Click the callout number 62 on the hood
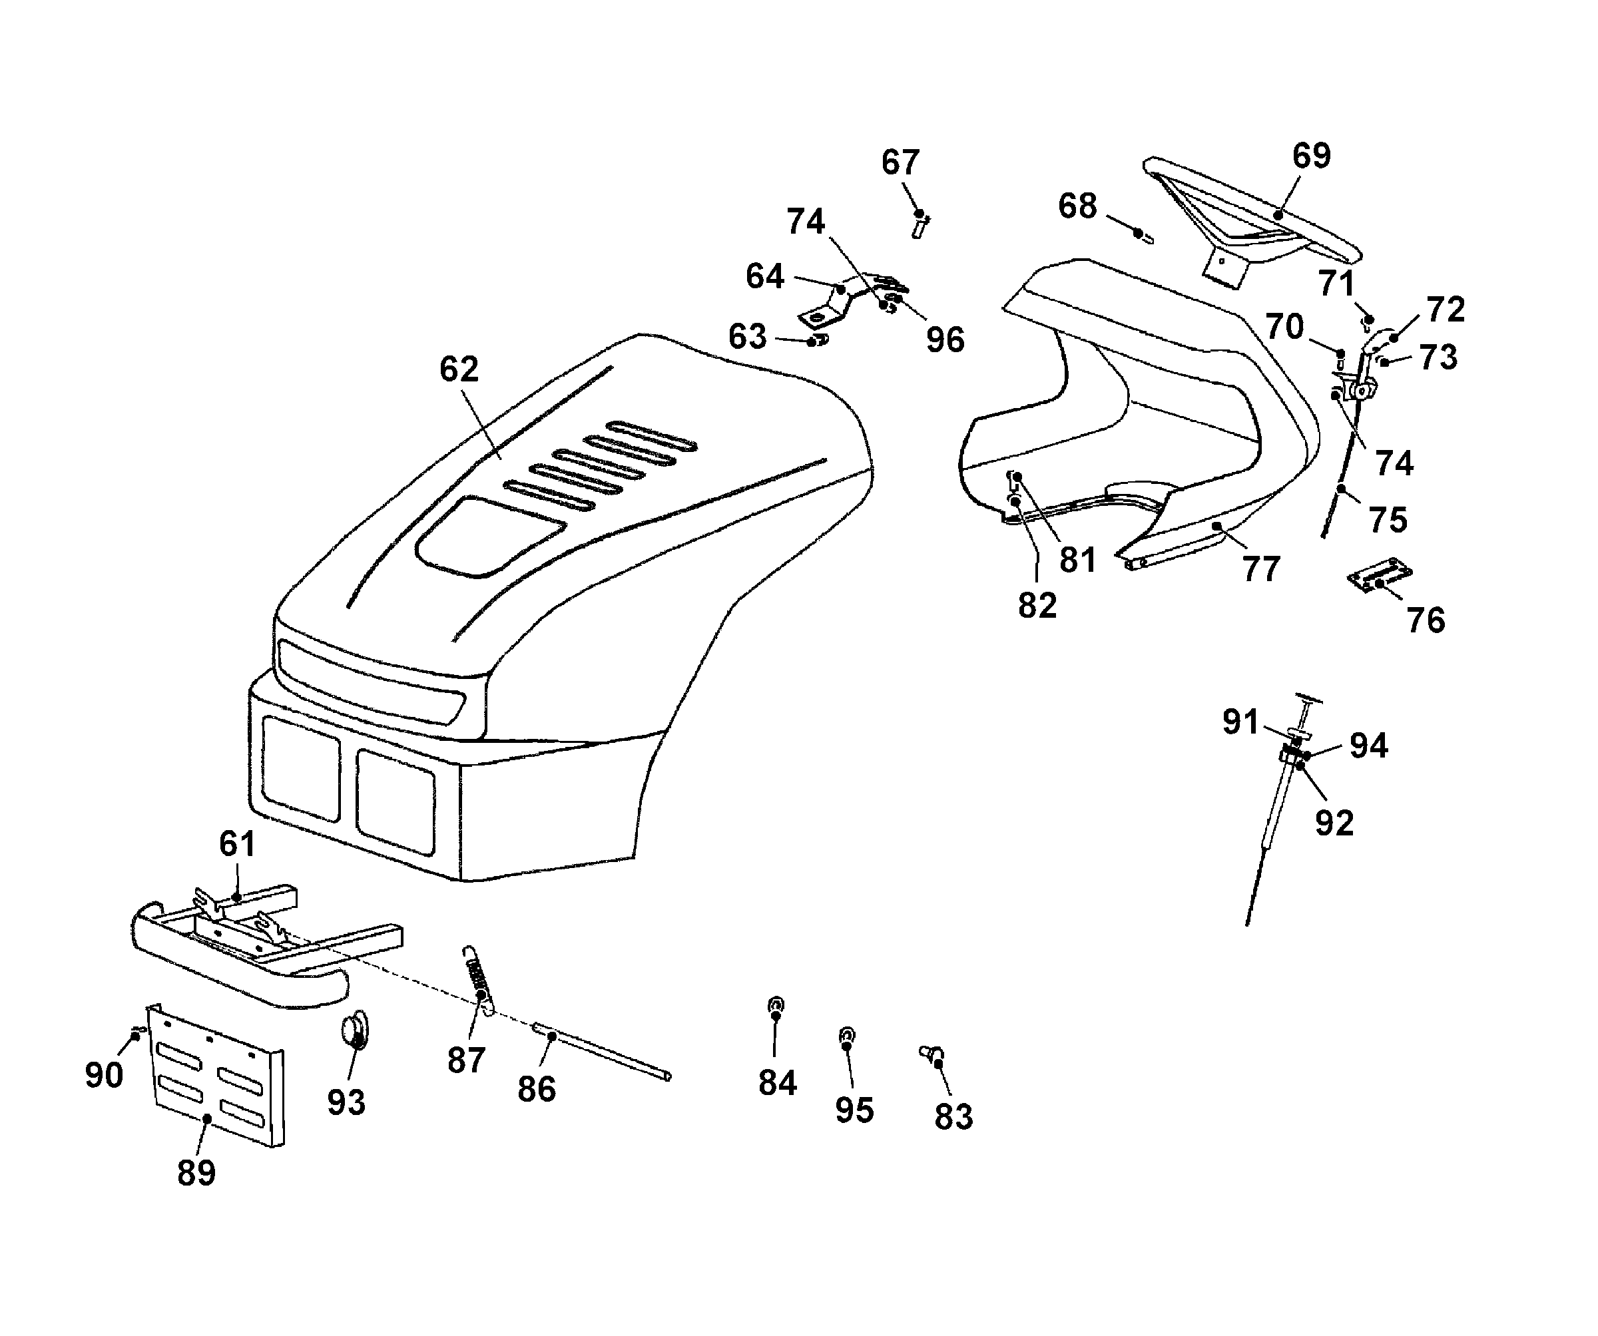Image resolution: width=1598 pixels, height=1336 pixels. pos(459,369)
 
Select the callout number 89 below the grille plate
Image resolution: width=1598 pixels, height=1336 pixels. pos(196,1172)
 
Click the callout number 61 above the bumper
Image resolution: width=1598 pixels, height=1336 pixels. pos(236,844)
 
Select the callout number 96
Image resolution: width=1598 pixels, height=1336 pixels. pos(945,340)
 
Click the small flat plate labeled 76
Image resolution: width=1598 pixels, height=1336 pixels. pos(1380,577)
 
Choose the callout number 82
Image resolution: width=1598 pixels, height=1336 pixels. pos(1037,606)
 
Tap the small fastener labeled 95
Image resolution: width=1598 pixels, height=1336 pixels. pos(846,1037)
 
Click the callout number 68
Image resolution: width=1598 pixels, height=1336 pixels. pos(1077,206)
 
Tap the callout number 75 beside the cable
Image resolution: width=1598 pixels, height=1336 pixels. pos(1388,521)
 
